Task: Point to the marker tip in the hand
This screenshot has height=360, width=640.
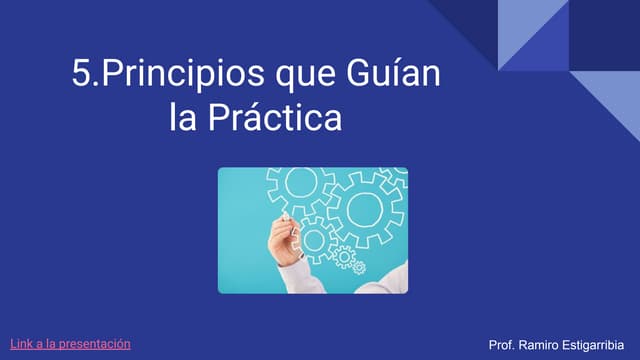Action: (x=283, y=217)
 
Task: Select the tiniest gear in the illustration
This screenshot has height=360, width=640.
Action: (x=359, y=268)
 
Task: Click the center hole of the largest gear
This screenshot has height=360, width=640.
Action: (x=365, y=208)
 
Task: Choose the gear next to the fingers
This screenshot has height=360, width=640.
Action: (x=316, y=238)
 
